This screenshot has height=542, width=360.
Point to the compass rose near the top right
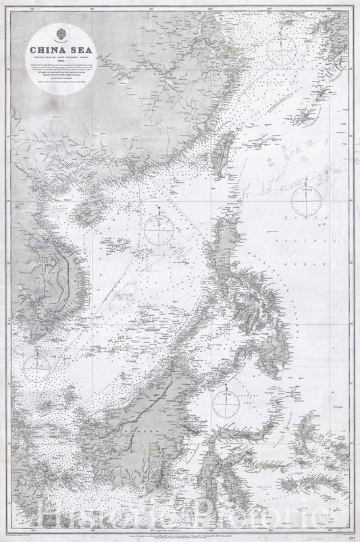coord(280,48)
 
